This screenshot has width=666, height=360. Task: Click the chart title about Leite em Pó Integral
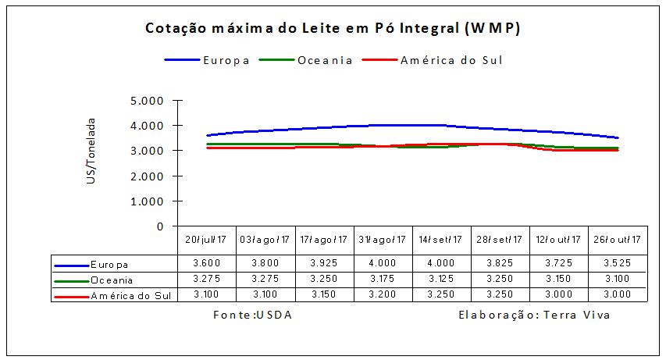click(333, 29)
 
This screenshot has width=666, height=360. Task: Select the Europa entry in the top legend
click(226, 60)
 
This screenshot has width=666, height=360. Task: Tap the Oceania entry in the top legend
click(325, 60)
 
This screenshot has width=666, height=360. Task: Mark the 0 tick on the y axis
click(159, 226)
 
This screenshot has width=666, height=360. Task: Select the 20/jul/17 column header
click(207, 240)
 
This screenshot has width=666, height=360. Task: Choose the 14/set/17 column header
click(441, 240)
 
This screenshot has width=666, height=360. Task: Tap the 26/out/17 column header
click(617, 240)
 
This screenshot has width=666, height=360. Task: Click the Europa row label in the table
click(109, 265)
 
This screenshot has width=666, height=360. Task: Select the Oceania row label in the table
click(112, 280)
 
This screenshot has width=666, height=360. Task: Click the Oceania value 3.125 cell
click(441, 280)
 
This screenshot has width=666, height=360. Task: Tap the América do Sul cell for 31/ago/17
click(383, 294)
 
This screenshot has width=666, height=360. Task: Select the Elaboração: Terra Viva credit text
click(535, 315)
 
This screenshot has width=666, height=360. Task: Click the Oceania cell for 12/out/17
click(558, 280)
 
